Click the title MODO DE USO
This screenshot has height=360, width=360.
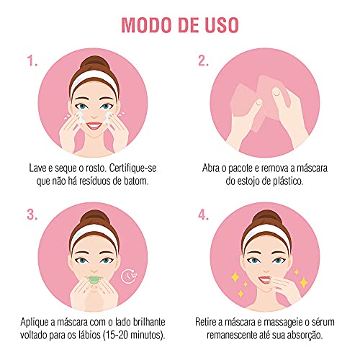pos(180,24)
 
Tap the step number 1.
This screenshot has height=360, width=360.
pos(32,62)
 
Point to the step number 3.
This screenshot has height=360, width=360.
pos(32,215)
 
